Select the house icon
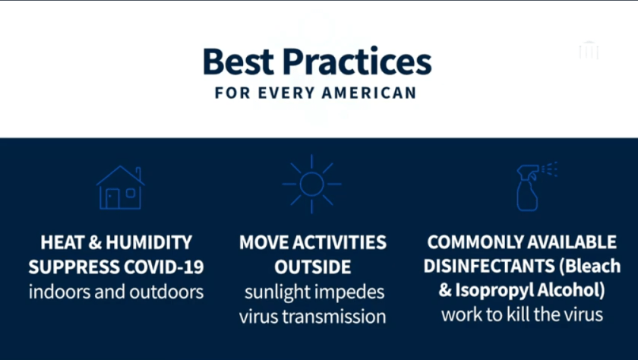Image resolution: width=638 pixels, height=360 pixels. [120, 188]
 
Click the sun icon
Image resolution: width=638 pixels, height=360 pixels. [311, 184]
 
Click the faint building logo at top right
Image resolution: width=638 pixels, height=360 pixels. [588, 51]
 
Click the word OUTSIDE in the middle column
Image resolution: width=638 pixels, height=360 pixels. [313, 267]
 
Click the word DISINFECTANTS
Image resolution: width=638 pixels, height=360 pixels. [488, 267]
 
